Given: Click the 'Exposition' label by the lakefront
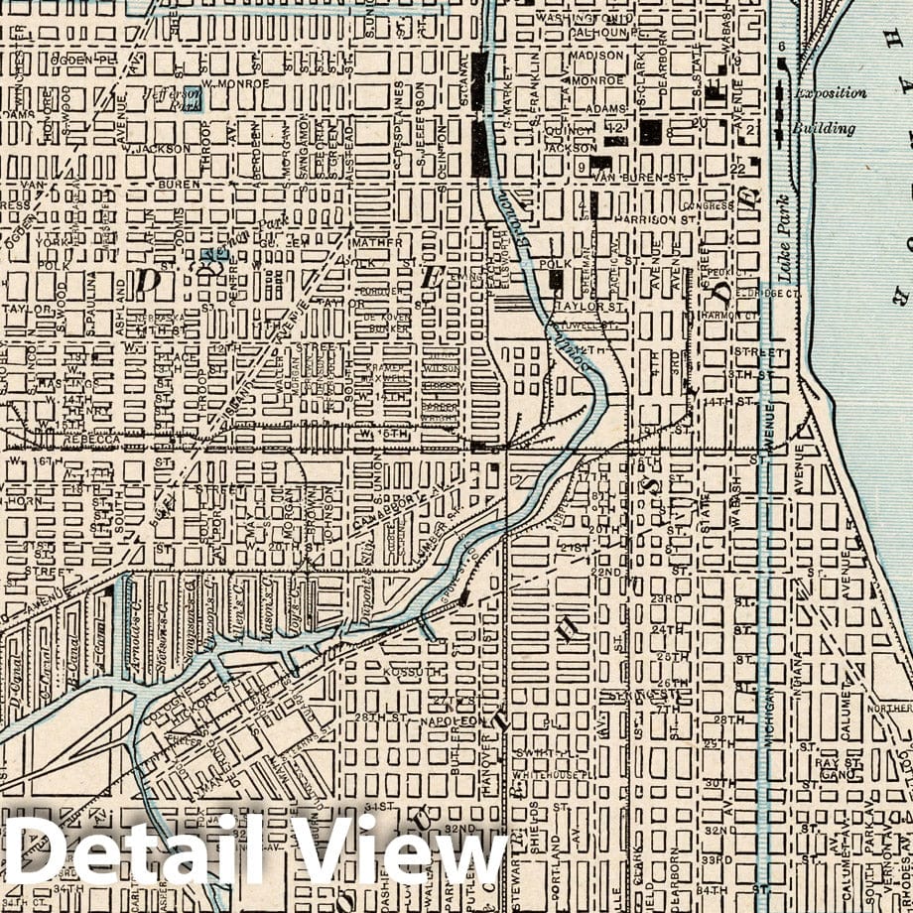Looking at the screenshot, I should coord(830,93).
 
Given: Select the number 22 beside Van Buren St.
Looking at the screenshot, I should coord(736,169).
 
